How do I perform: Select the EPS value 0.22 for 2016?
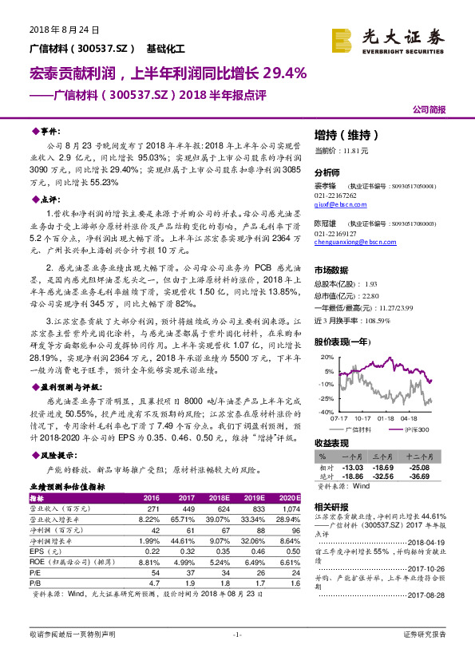[x=149, y=550]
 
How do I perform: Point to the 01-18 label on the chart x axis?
[x=386, y=417]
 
